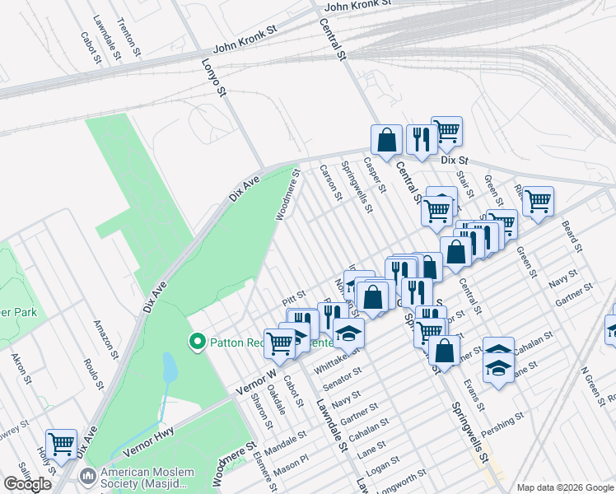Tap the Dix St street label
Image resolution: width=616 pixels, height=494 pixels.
pos(454,161)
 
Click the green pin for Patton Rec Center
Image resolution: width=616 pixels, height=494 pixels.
pos(197,342)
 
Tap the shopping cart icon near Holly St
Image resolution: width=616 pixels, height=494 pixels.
pos(61,445)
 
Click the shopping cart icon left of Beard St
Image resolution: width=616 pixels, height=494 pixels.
pos(538,200)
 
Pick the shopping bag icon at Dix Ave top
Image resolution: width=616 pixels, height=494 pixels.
pos(386,140)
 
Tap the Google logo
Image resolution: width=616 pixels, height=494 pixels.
pos(28,484)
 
